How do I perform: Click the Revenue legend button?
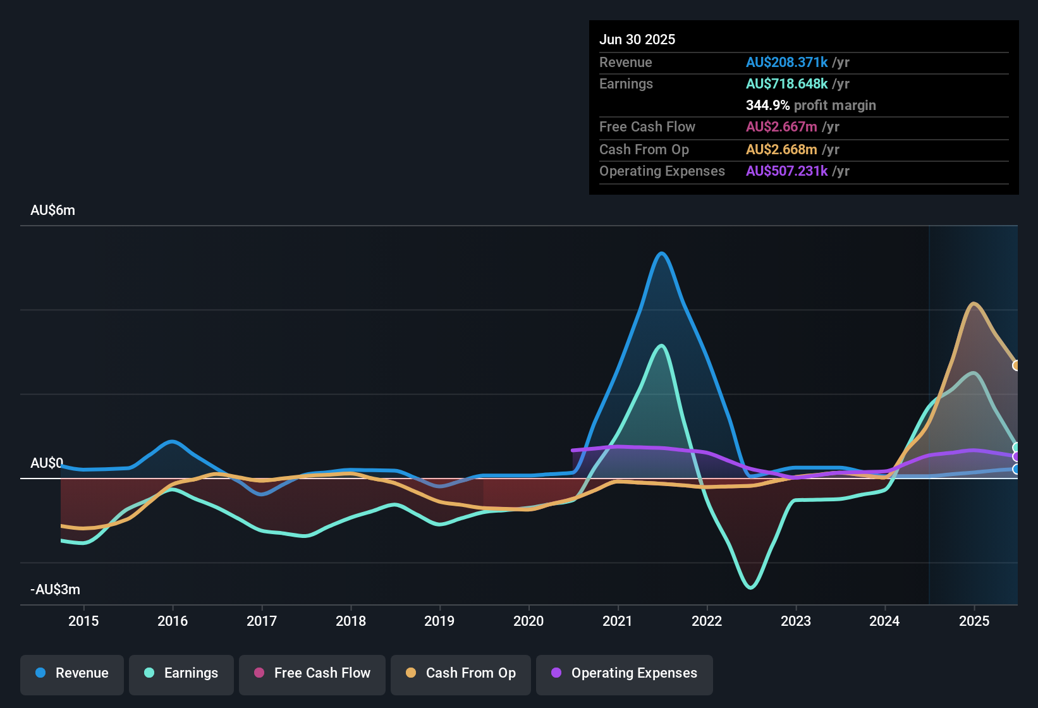pyautogui.click(x=72, y=673)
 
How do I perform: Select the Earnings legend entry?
pyautogui.click(x=181, y=673)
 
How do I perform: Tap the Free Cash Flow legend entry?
pyautogui.click(x=312, y=673)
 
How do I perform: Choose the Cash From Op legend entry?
pyautogui.click(x=461, y=673)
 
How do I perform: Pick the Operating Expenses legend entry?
pyautogui.click(x=625, y=673)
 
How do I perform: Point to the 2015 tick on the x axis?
pyautogui.click(x=83, y=621)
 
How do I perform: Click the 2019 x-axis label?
pyautogui.click(x=439, y=621)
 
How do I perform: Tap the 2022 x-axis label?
pyautogui.click(x=707, y=621)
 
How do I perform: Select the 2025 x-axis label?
pyautogui.click(x=974, y=621)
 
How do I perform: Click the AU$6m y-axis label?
pyautogui.click(x=52, y=211)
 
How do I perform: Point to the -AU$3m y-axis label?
pyautogui.click(x=55, y=590)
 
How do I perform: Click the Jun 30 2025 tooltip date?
pyautogui.click(x=637, y=40)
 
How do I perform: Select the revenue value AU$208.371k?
pyautogui.click(x=786, y=63)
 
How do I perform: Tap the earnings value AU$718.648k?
pyautogui.click(x=786, y=84)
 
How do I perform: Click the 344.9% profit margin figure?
pyautogui.click(x=767, y=106)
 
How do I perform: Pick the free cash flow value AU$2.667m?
pyautogui.click(x=781, y=127)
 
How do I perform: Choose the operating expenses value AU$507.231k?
pyautogui.click(x=786, y=171)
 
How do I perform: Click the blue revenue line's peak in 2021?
pyautogui.click(x=662, y=253)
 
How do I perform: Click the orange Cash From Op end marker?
pyautogui.click(x=1016, y=365)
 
